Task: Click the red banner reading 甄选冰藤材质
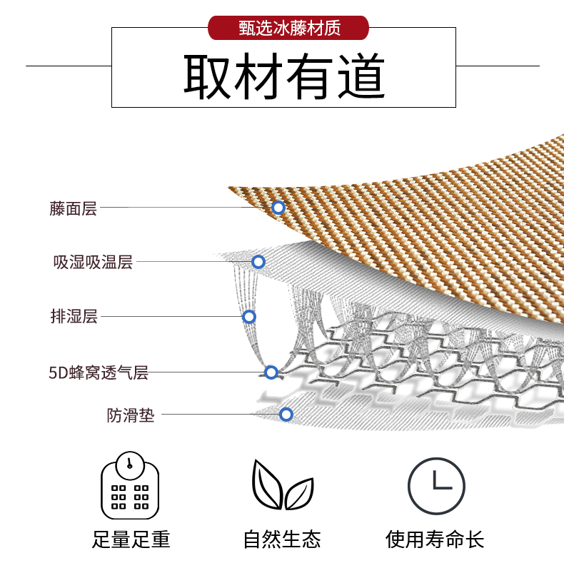point(288,28)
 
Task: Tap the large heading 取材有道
point(284,76)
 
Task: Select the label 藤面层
point(73,208)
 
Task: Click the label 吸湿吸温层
point(93,262)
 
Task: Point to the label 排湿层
point(74,316)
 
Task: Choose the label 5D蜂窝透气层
point(99,372)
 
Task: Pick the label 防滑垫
point(131,415)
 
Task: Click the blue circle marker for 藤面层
point(278,208)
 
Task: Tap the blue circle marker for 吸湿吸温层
point(258,262)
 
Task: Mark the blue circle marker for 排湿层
point(249,317)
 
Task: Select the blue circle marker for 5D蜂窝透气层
point(271,372)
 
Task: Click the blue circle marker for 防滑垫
point(286,415)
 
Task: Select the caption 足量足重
point(131,539)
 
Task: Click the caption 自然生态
point(282,539)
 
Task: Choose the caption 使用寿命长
point(435,539)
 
